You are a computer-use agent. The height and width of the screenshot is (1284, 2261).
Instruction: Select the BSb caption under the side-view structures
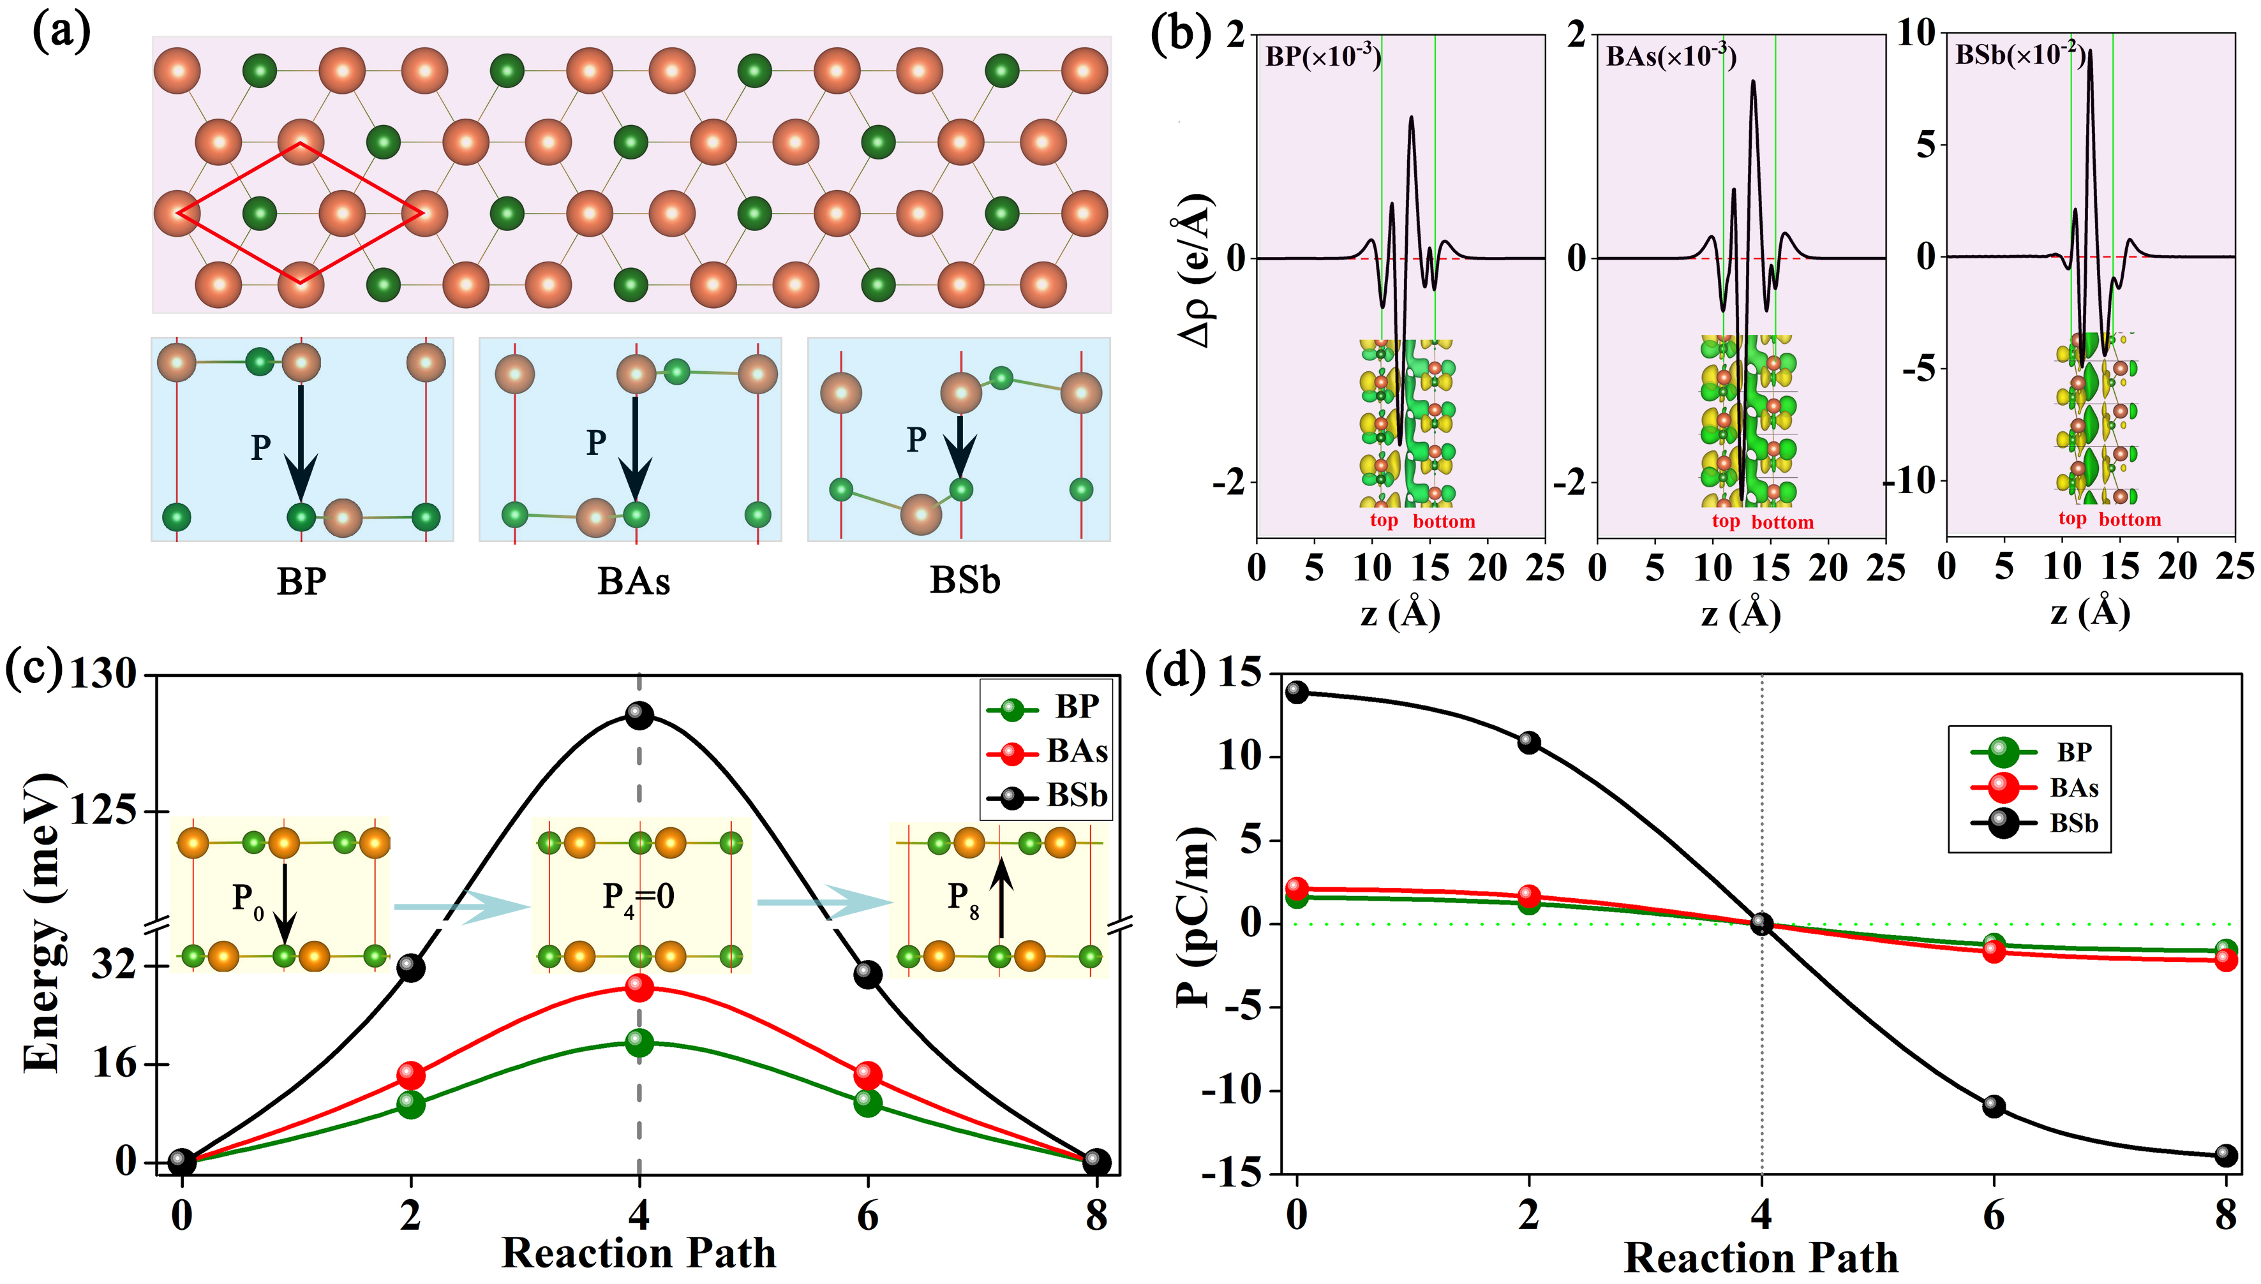click(x=964, y=581)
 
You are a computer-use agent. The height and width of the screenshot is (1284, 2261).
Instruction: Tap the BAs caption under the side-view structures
click(x=634, y=581)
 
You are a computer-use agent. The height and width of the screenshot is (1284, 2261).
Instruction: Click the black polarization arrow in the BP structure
click(x=301, y=441)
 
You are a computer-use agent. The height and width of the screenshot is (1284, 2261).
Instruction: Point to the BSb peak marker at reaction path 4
click(x=639, y=715)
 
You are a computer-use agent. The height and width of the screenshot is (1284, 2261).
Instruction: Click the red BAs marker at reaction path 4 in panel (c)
click(x=639, y=987)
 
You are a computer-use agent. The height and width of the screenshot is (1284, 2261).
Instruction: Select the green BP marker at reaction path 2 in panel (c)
click(x=410, y=1103)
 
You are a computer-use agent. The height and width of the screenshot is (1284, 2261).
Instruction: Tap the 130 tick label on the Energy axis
click(x=103, y=675)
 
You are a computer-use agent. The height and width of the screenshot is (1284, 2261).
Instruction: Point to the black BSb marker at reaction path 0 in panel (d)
click(x=1297, y=692)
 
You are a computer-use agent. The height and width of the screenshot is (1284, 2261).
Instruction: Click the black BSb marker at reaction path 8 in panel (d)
click(x=2226, y=1155)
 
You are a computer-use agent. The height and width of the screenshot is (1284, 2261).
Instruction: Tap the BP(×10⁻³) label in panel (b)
click(x=1322, y=56)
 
